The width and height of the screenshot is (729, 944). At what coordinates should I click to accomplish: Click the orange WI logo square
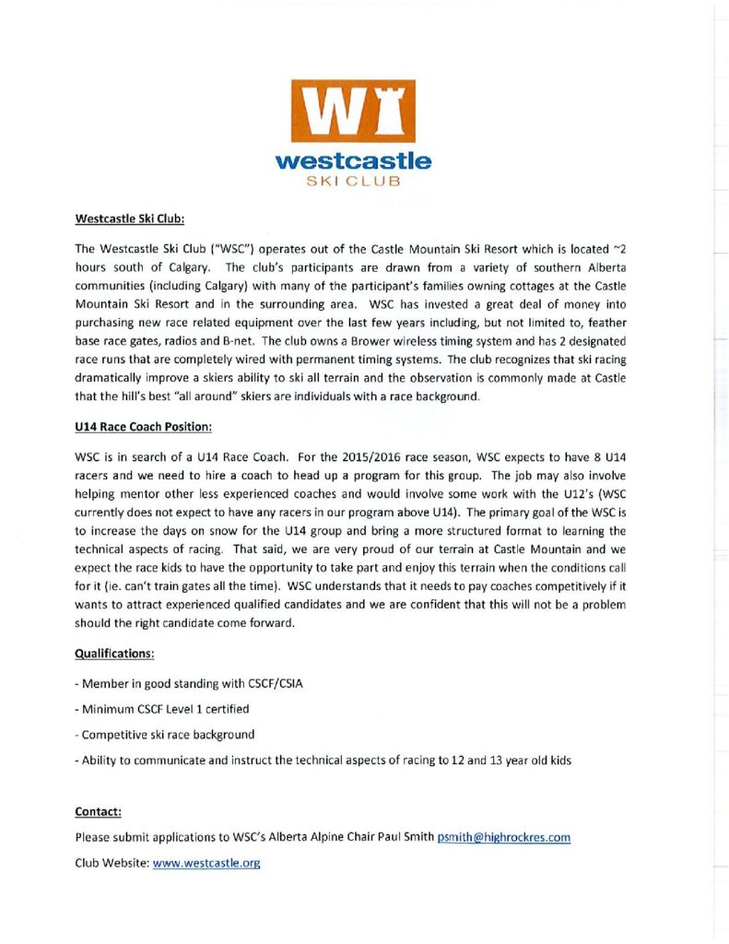[353, 111]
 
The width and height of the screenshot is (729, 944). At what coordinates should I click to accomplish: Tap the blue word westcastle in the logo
[353, 162]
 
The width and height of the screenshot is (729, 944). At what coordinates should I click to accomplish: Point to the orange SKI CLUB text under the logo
[353, 181]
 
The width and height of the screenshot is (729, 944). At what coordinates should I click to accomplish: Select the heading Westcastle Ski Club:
[130, 220]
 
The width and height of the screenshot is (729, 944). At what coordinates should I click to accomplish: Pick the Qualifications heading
[114, 654]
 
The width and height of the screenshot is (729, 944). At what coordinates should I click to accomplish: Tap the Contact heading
[98, 812]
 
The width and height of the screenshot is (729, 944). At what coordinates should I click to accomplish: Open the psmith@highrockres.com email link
[504, 838]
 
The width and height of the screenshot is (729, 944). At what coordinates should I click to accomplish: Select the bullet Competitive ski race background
[168, 735]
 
